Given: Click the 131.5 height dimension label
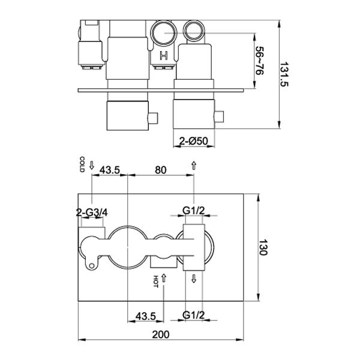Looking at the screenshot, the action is pyautogui.click(x=284, y=74).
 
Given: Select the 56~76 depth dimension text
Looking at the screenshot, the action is pyautogui.click(x=260, y=61).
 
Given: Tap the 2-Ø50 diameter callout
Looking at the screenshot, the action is pyautogui.click(x=194, y=141).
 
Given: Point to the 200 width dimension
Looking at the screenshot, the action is pyautogui.click(x=161, y=334).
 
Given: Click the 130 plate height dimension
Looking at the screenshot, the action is pyautogui.click(x=263, y=247).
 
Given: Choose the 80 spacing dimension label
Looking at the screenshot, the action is pyautogui.click(x=160, y=170).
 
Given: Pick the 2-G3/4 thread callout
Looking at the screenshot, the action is pyautogui.click(x=92, y=212).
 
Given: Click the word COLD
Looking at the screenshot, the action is pyautogui.click(x=82, y=164).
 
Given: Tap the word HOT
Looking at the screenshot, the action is pyautogui.click(x=155, y=281).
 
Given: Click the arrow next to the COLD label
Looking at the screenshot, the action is pyautogui.click(x=92, y=165).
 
